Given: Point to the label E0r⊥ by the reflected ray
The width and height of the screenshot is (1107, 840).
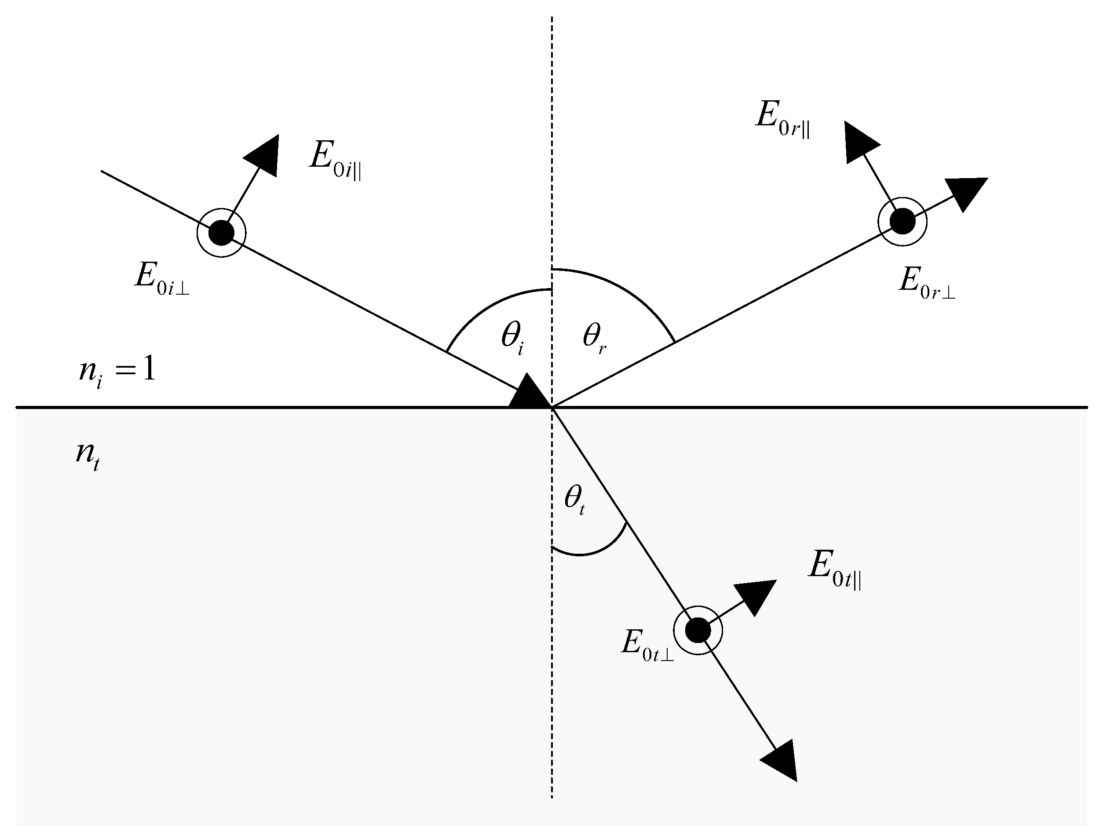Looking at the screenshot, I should coord(926,283).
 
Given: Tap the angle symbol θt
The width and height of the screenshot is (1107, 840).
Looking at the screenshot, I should coord(574,499).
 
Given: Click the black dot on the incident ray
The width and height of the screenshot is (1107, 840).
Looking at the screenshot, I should coord(221,233).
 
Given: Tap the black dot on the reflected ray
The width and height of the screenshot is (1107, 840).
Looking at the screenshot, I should coord(902,221).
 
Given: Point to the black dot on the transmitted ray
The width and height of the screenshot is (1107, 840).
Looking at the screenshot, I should coord(698,630).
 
